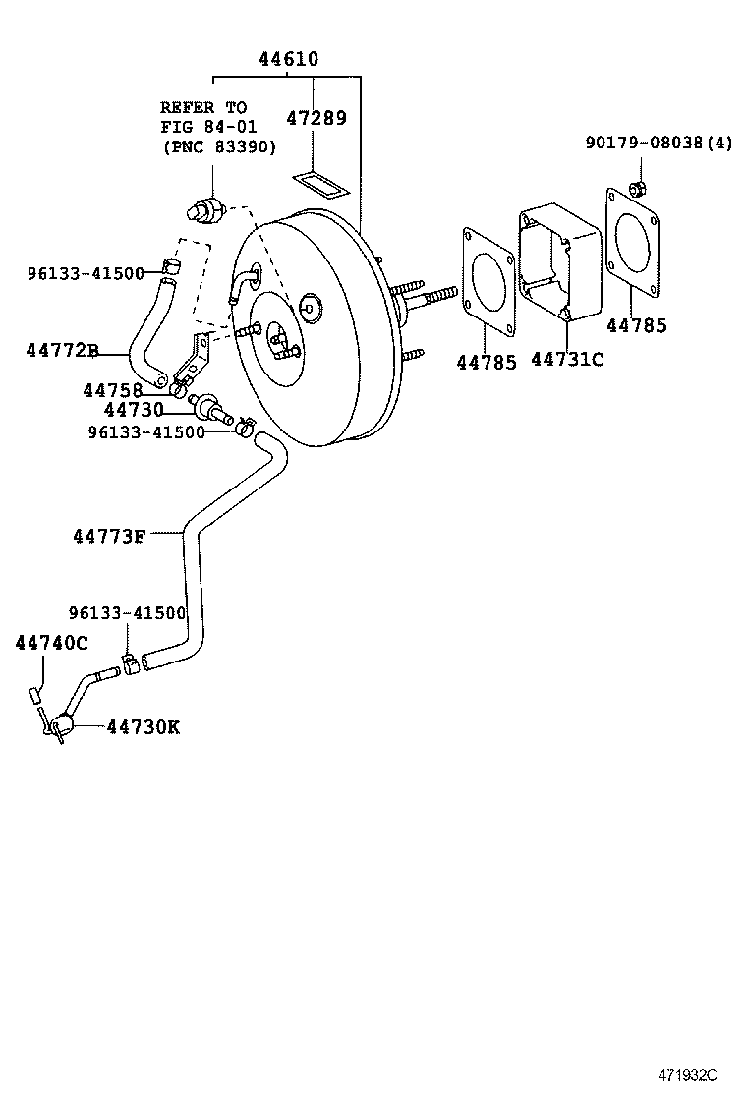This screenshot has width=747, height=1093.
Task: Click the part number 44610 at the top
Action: click(288, 59)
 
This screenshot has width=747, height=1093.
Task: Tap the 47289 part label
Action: click(316, 118)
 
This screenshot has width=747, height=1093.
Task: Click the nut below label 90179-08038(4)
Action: click(636, 188)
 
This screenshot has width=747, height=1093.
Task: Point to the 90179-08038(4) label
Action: click(659, 143)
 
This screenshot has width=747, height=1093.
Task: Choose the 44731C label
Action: click(567, 359)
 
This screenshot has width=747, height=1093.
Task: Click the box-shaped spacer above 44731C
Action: click(559, 262)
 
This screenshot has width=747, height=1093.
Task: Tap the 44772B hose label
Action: click(63, 350)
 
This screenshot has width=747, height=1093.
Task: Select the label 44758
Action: click(113, 390)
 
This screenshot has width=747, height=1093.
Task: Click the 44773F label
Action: click(109, 536)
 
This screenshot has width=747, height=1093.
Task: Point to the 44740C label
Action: click(51, 643)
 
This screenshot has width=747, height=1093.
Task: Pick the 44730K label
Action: click(144, 727)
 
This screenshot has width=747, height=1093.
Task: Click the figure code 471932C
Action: click(688, 1075)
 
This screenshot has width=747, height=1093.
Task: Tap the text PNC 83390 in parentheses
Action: click(219, 147)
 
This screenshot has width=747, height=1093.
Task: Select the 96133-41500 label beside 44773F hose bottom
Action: click(128, 613)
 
